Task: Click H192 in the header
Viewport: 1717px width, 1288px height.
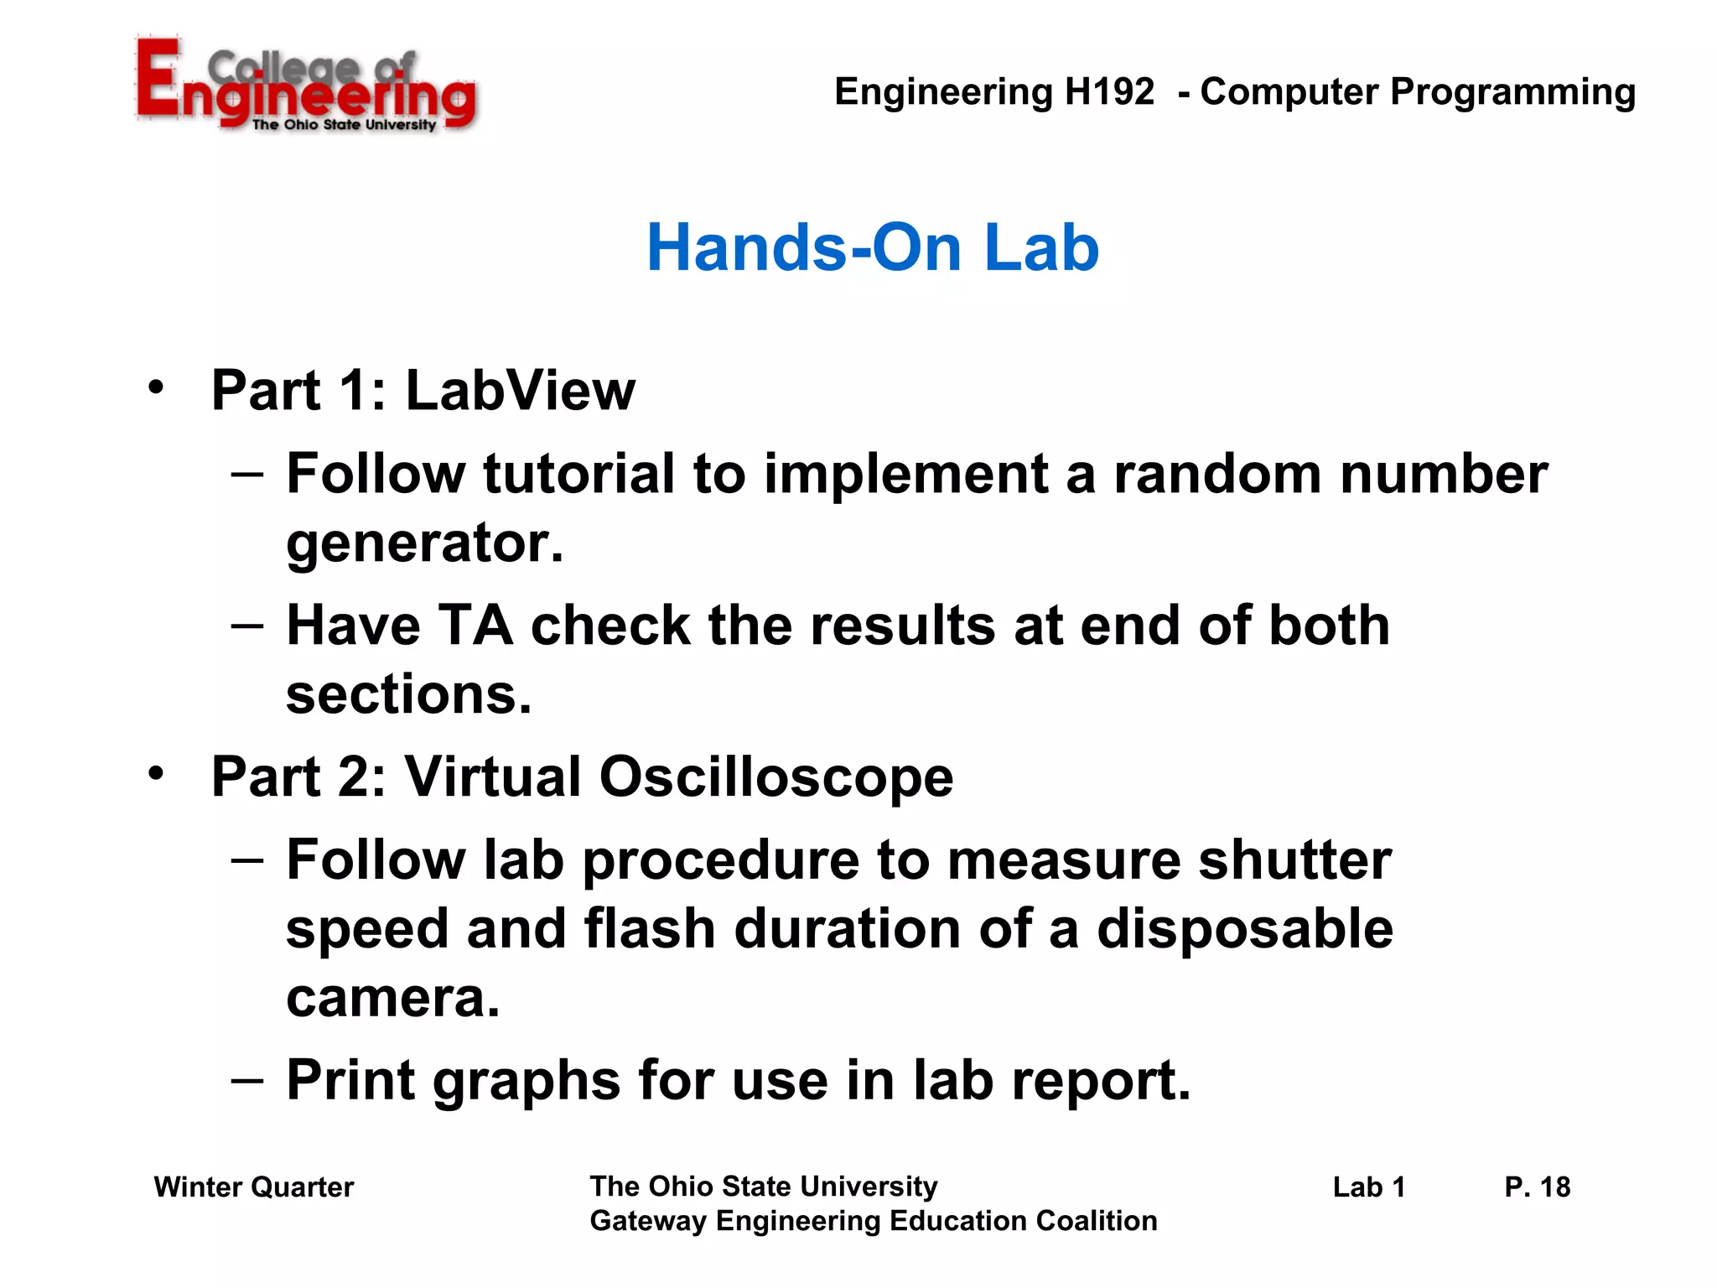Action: coord(1109,91)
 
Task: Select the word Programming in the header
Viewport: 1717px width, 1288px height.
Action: coord(1512,93)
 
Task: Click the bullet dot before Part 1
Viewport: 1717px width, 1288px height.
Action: coord(156,387)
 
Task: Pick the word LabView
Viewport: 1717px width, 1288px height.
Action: coord(520,391)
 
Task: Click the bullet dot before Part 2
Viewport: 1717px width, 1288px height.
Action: coord(156,773)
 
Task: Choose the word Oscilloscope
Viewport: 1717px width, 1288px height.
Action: coord(776,776)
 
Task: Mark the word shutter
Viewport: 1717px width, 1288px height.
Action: coord(1294,860)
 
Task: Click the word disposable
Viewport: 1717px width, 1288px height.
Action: coord(1244,929)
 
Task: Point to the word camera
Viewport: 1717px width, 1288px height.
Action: coord(392,998)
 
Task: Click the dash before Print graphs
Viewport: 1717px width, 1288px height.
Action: coord(247,1078)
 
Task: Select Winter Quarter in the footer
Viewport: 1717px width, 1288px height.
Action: coord(253,1187)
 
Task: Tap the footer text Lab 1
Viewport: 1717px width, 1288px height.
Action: coord(1368,1187)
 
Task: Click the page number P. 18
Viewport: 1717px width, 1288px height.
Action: coord(1537,1187)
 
